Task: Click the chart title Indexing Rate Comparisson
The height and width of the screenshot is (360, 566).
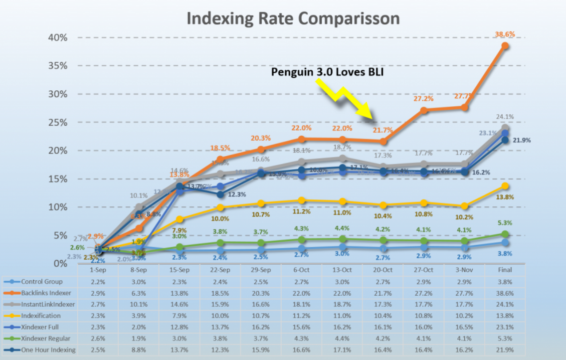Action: pos(293,18)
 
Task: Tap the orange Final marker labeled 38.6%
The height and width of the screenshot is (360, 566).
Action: pos(505,46)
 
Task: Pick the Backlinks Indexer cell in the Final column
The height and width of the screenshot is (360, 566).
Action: pos(505,293)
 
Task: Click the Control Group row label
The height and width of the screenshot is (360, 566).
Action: pos(42,282)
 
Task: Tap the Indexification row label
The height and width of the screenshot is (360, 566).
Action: pos(41,316)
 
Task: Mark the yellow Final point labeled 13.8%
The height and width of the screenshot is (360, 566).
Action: pos(505,185)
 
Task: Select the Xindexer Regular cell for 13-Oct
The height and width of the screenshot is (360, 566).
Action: pos(342,338)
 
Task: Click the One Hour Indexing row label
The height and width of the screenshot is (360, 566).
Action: pos(48,350)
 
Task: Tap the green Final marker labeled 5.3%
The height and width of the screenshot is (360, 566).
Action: pos(505,234)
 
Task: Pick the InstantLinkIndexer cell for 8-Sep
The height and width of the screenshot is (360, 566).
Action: pos(138,304)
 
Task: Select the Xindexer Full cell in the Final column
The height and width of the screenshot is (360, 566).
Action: pos(505,327)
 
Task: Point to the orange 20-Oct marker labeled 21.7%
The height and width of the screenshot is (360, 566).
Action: pos(383,142)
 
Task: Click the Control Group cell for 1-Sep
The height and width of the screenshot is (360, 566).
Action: pos(98,282)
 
